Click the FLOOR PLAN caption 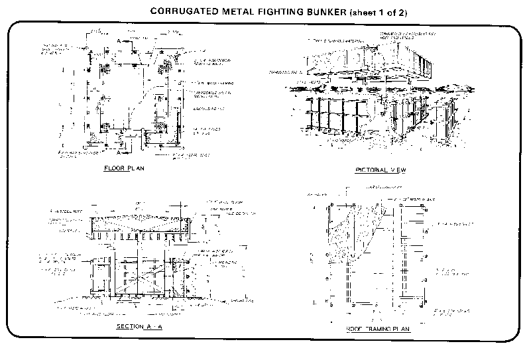124,168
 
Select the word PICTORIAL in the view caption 369,170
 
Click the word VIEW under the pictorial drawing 398,170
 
